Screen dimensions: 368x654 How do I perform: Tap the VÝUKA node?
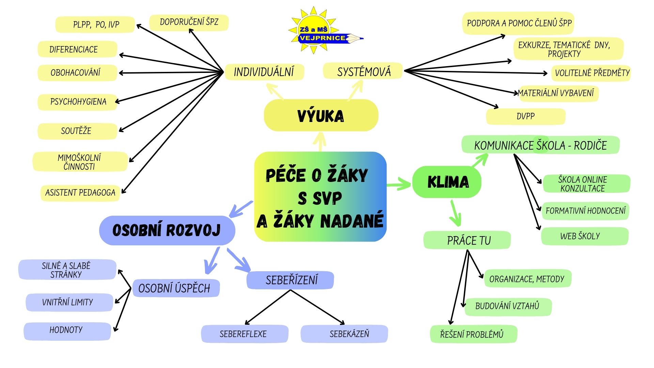pyautogui.click(x=321, y=116)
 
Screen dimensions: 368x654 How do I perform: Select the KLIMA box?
pyautogui.click(x=447, y=182)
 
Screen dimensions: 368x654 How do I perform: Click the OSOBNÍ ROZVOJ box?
pyautogui.click(x=167, y=230)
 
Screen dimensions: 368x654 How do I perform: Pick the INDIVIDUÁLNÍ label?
pyautogui.click(x=264, y=72)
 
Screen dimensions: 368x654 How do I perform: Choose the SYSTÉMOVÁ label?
pyautogui.click(x=363, y=72)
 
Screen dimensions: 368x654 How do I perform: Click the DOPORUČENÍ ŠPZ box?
pyautogui.click(x=189, y=22)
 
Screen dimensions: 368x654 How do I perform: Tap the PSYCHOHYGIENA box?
pyautogui.click(x=78, y=102)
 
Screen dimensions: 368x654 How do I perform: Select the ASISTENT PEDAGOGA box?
pyautogui.click(x=80, y=193)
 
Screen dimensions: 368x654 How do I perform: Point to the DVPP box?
pyautogui.click(x=526, y=116)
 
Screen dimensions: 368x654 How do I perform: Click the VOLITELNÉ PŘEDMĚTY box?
pyautogui.click(x=592, y=73)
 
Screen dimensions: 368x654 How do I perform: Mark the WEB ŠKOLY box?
pyautogui.click(x=580, y=236)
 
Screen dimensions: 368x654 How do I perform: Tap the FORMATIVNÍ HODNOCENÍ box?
pyautogui.click(x=585, y=211)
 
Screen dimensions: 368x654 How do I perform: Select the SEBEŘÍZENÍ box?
pyautogui.click(x=291, y=280)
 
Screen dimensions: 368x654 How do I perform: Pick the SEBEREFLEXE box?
pyautogui.click(x=243, y=334)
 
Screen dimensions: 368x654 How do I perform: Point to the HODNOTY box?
pyautogui.click(x=66, y=330)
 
